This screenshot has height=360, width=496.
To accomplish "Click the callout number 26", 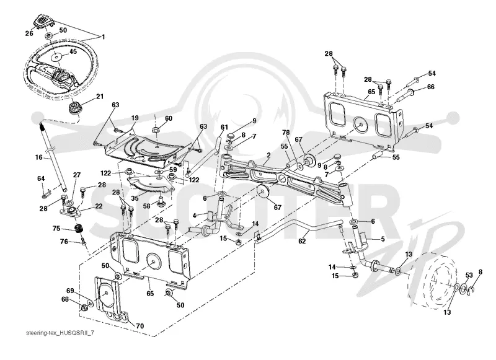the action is tap(29, 33).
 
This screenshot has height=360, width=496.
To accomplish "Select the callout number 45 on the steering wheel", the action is tap(73, 51).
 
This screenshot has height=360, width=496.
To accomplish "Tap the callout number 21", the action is tap(100, 96).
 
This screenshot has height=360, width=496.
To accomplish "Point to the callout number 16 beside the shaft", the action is tap(38, 157).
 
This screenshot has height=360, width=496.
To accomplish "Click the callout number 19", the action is tap(135, 118).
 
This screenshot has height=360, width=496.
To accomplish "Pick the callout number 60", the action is tap(169, 118).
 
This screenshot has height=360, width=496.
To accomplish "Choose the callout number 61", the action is tap(224, 127).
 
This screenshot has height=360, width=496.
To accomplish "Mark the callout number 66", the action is tap(431, 87).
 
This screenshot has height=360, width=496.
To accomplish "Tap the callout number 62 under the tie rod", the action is tap(302, 241).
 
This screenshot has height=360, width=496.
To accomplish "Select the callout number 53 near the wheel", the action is tap(469, 275).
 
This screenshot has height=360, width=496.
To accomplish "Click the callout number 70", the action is tap(140, 326).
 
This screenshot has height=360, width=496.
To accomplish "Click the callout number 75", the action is tap(56, 229).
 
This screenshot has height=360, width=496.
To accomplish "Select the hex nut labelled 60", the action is tap(156, 130).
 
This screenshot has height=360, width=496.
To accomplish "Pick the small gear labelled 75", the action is tap(78, 229).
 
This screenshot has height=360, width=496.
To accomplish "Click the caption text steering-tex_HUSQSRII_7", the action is tap(60, 334).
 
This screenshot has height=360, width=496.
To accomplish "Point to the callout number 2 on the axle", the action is tap(268, 155).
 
